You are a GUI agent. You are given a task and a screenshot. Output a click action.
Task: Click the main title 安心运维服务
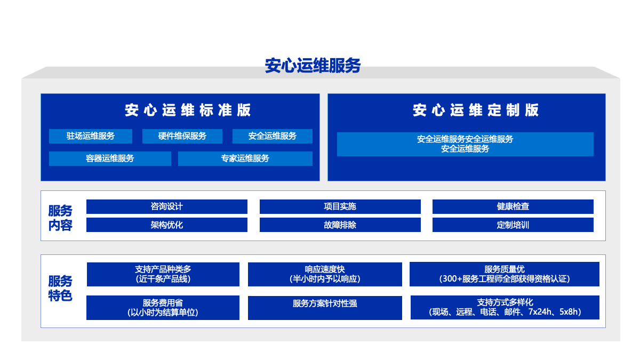(x=313, y=66)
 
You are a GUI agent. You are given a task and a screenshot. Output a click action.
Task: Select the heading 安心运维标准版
(x=188, y=110)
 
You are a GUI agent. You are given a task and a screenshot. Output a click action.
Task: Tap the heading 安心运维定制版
(x=476, y=110)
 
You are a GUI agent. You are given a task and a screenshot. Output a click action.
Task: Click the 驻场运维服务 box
(x=91, y=136)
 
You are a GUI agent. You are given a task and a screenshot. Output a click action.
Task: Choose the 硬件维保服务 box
(x=182, y=136)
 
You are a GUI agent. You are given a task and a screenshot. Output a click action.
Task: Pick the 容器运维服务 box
(x=110, y=158)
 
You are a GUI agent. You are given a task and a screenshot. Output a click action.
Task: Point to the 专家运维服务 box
(x=245, y=158)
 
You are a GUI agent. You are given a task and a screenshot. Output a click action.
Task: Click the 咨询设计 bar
(x=167, y=206)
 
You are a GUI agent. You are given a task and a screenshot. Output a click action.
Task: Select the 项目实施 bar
(x=340, y=206)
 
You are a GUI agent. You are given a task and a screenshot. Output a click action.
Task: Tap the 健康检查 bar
(x=513, y=206)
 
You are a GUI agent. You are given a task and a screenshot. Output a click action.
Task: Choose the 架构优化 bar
(x=167, y=225)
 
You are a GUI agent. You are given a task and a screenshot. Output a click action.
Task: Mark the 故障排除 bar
(x=340, y=225)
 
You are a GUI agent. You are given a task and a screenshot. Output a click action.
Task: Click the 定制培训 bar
(x=513, y=225)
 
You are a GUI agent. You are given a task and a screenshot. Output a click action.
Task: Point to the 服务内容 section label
(x=60, y=218)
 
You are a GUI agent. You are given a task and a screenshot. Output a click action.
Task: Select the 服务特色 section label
(x=60, y=289)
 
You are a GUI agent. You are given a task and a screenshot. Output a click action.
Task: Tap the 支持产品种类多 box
(x=163, y=274)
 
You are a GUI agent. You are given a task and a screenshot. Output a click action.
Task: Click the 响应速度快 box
(x=325, y=274)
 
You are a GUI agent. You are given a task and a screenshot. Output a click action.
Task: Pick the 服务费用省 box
(x=163, y=308)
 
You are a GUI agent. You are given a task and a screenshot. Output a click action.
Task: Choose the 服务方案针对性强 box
(x=325, y=308)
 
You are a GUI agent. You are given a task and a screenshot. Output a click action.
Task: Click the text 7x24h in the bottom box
(x=540, y=311)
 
